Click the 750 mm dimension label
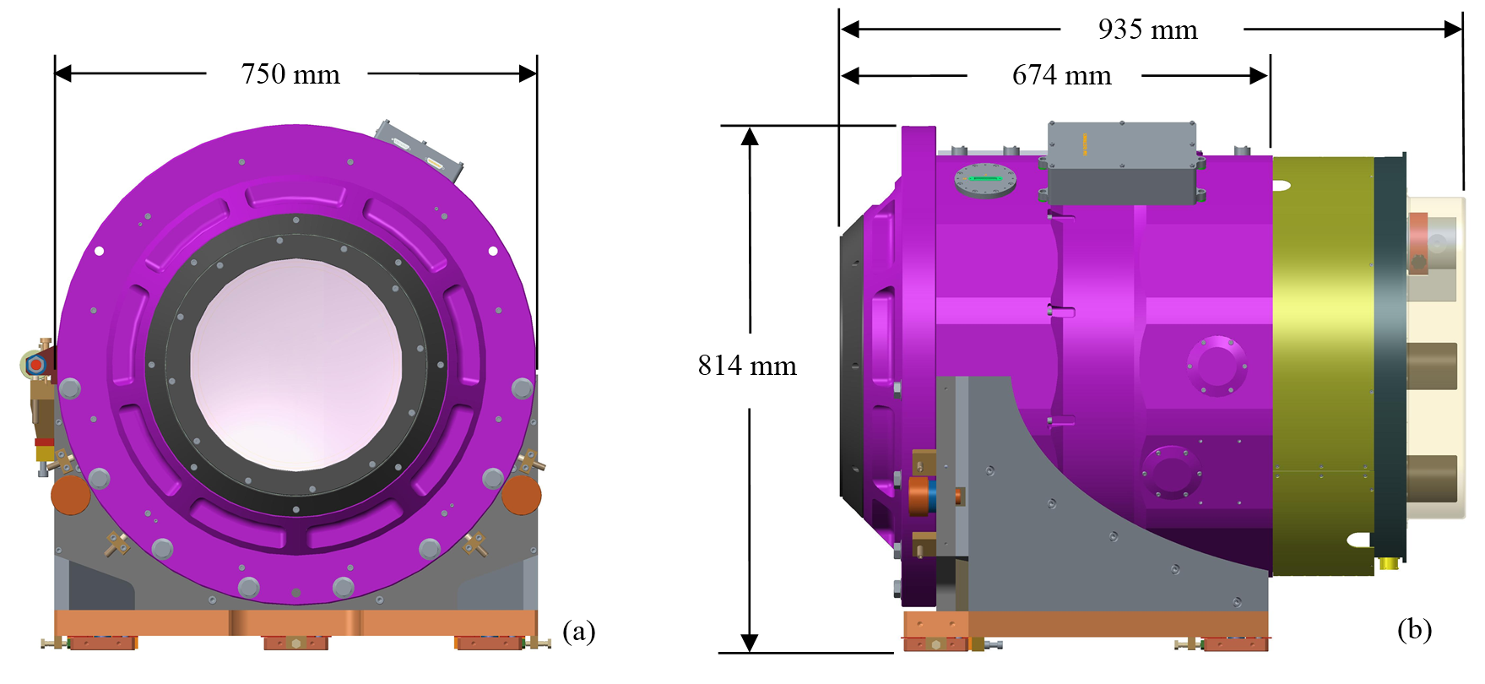point(290,74)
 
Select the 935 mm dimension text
point(1147,30)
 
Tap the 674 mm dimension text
point(1061,75)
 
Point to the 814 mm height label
point(747,366)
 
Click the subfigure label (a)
point(579,631)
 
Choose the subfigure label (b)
point(1414,629)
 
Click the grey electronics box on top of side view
point(1123,163)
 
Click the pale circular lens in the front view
point(296,365)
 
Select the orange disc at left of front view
point(70,495)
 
